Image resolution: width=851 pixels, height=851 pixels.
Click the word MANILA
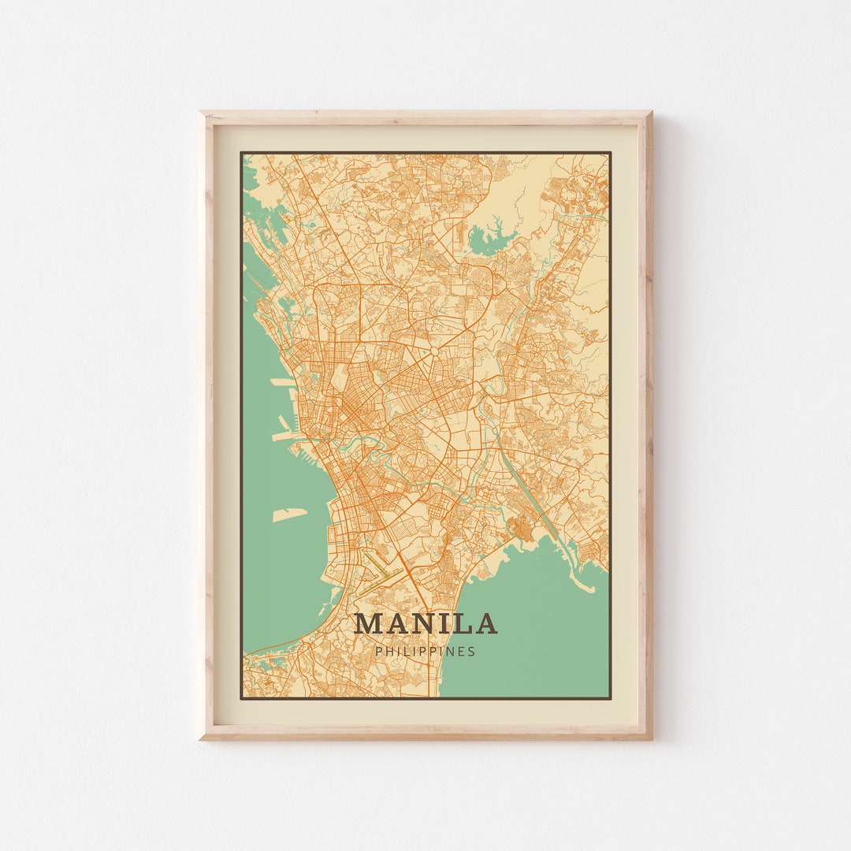coord(425,624)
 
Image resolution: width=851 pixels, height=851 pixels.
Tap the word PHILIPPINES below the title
coord(425,652)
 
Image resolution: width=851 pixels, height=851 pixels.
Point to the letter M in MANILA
coord(369,624)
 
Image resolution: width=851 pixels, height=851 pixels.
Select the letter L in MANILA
coord(463,624)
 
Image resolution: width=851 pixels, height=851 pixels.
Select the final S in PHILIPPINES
coord(472,652)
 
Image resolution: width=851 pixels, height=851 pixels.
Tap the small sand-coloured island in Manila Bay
coord(289,515)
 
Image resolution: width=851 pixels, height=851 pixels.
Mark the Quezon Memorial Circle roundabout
coord(433,349)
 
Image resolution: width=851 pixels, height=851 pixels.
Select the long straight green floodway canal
coord(524,492)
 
